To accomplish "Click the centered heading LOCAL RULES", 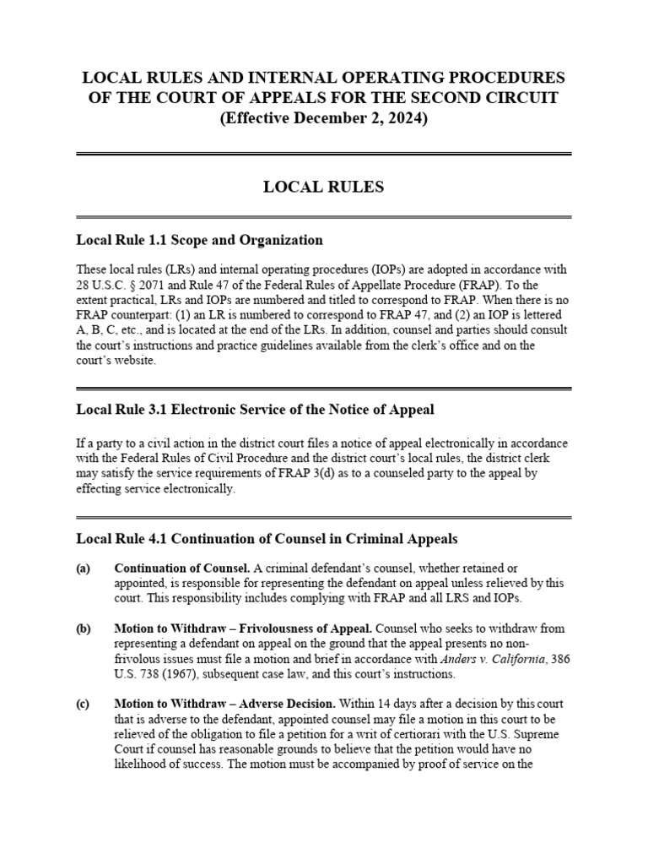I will (324, 188).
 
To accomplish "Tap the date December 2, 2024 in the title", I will (359, 119).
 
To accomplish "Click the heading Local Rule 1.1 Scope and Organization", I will (199, 240).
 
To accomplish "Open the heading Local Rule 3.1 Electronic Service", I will (255, 411).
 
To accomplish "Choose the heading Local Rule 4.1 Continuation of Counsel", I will (267, 538).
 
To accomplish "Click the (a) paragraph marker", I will (84, 569).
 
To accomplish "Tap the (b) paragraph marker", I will (84, 629).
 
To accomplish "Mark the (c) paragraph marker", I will (84, 705).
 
